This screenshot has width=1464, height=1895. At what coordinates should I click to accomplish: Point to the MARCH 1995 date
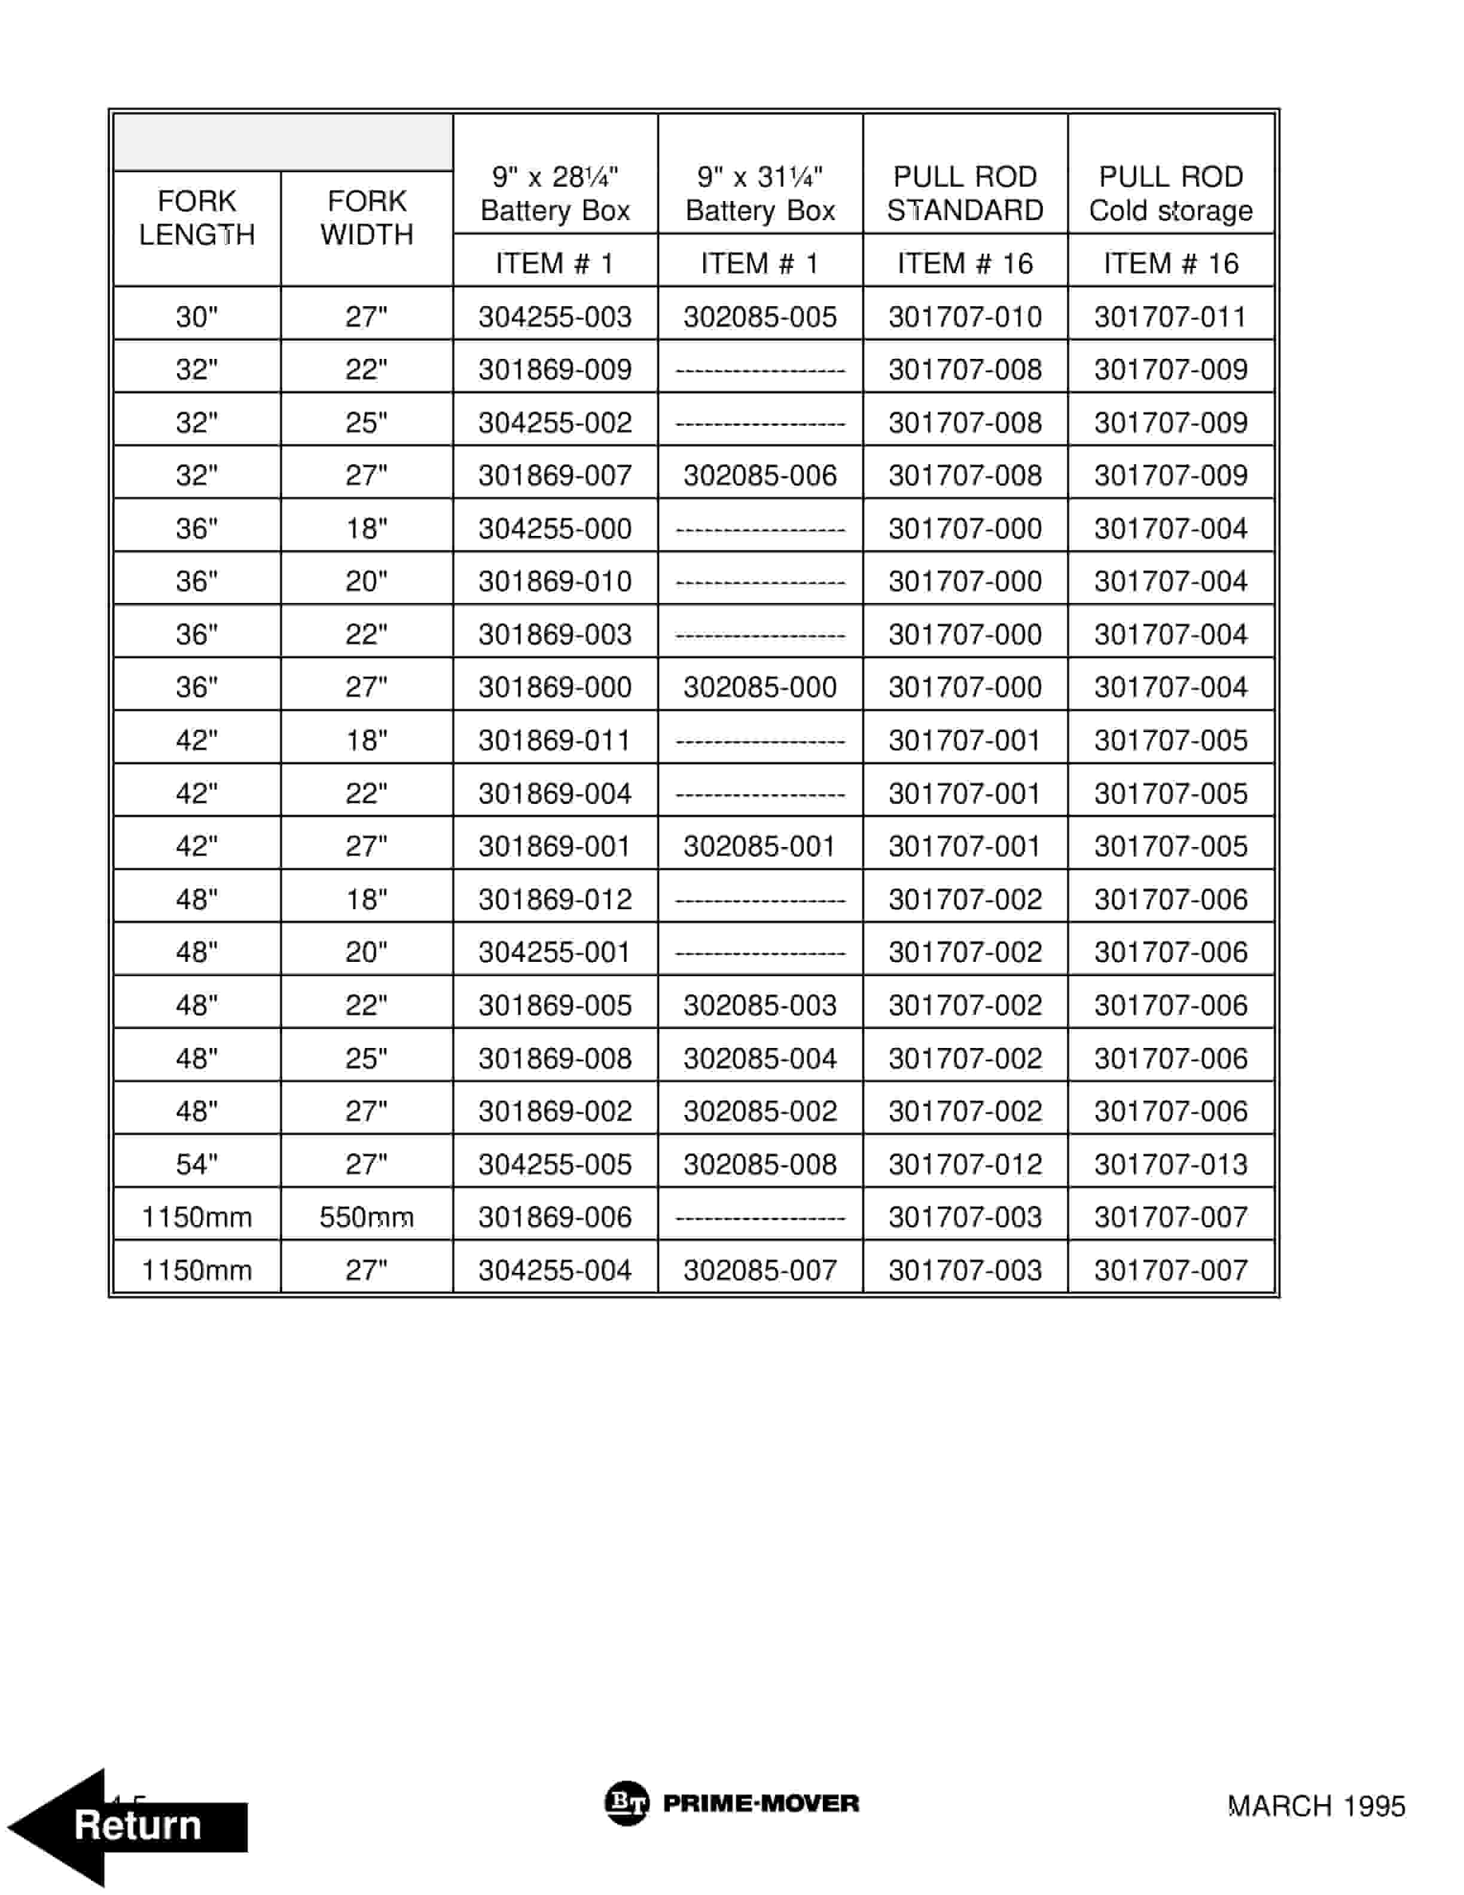[1316, 1806]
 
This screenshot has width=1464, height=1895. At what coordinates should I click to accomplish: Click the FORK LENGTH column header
[197, 218]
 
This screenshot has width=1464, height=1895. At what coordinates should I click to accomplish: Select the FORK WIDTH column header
[366, 218]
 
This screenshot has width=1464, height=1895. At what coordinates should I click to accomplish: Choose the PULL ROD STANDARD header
[965, 193]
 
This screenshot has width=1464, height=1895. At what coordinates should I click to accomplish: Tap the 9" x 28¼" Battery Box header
[554, 193]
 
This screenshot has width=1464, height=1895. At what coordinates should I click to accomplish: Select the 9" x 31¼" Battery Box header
[760, 193]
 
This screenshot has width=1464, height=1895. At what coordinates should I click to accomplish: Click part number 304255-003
[554, 316]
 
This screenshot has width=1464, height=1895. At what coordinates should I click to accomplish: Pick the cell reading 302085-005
[760, 316]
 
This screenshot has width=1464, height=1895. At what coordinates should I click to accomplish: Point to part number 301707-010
[965, 316]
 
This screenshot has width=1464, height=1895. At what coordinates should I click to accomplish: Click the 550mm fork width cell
[366, 1217]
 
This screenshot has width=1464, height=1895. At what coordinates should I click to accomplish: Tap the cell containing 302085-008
[760, 1165]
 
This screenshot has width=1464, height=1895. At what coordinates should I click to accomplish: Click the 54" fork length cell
[197, 1165]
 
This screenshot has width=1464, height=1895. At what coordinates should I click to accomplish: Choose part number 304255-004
[554, 1271]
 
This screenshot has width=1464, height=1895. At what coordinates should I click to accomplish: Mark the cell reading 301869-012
[554, 900]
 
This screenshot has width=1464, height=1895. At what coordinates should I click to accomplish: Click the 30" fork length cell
[197, 316]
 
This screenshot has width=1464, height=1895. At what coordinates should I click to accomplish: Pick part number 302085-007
[760, 1271]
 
